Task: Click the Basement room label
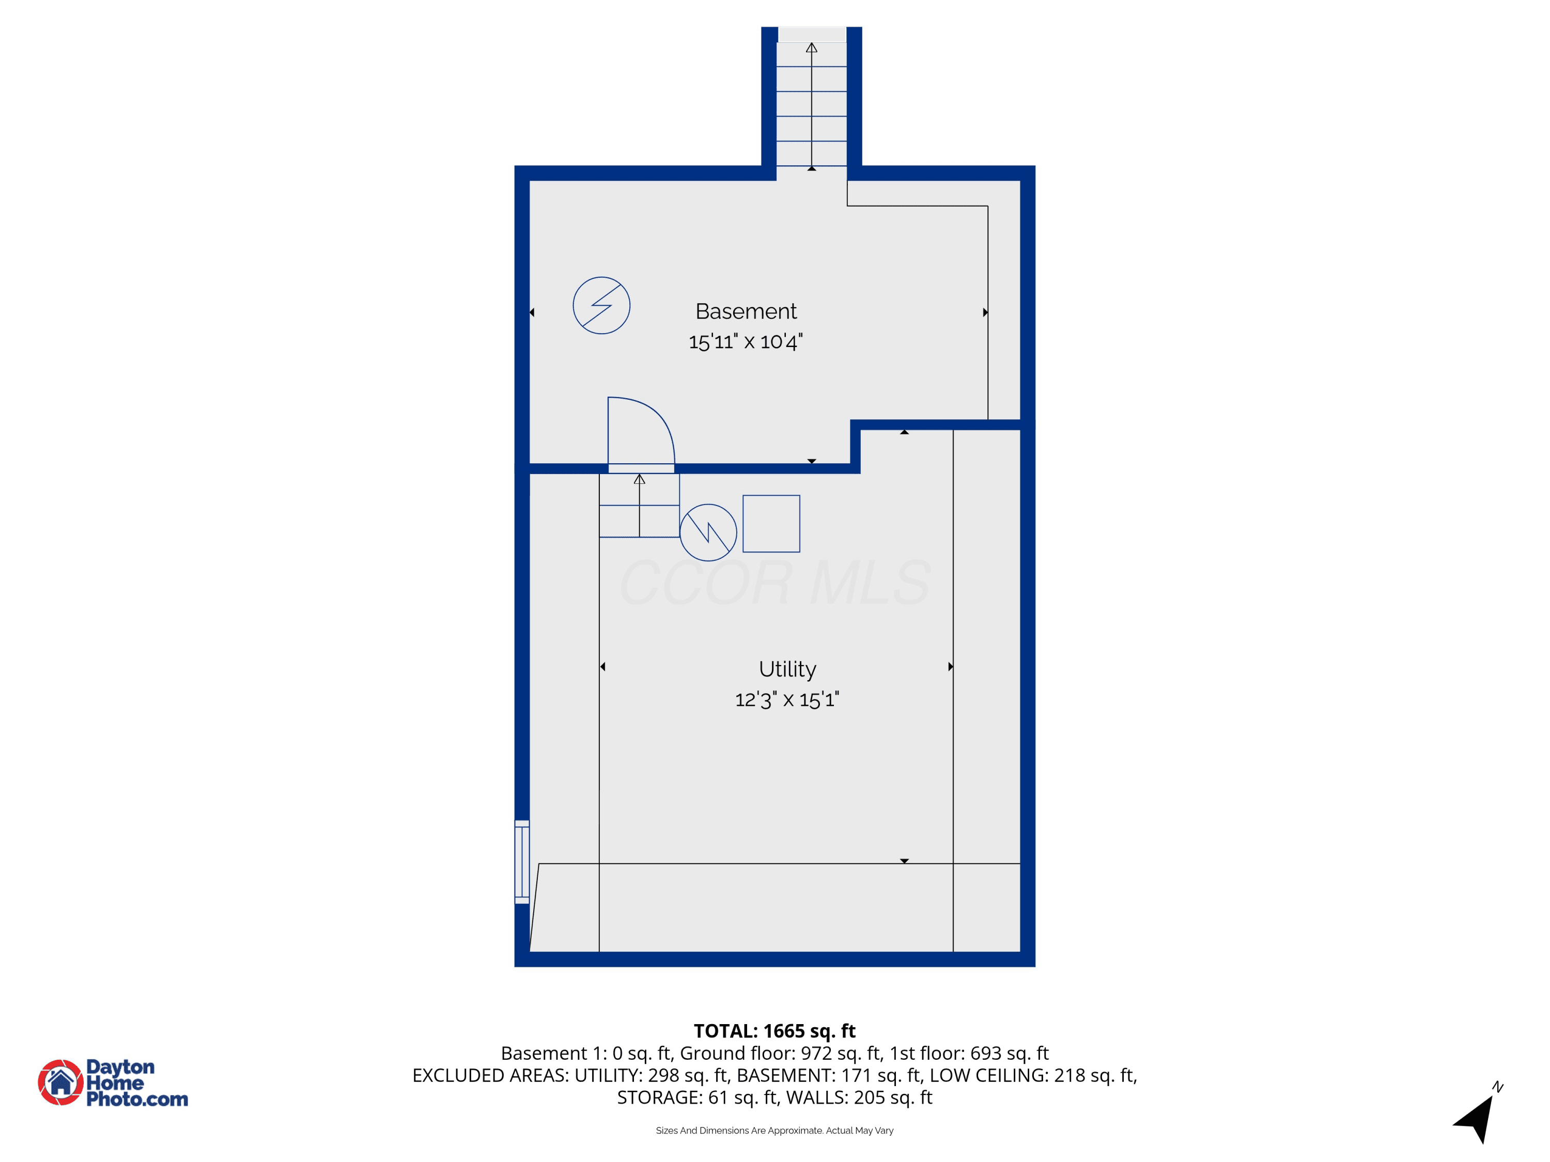point(746,311)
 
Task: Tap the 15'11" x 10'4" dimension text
point(746,342)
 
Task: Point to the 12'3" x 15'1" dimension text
point(787,700)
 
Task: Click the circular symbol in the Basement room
point(601,277)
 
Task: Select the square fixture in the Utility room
point(771,524)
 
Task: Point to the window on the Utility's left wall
point(522,861)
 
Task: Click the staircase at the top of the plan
point(812,104)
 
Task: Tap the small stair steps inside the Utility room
point(639,506)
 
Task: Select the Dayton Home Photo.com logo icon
point(61,1082)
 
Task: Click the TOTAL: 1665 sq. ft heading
point(774,1031)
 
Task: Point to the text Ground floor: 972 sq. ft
point(781,1054)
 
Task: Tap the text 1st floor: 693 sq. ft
point(969,1054)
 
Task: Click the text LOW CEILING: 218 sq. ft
point(1033,1075)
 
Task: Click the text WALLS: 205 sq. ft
point(859,1097)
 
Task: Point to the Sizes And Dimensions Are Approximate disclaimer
point(774,1130)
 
